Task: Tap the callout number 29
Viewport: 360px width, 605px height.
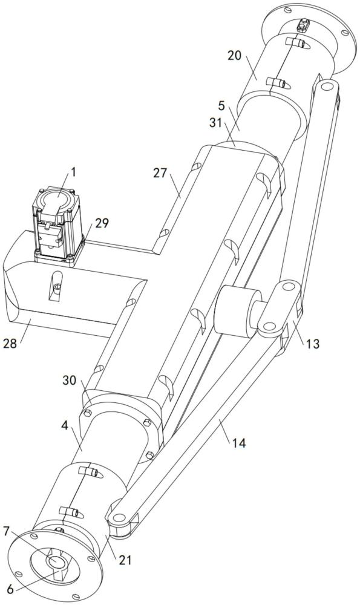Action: point(102,223)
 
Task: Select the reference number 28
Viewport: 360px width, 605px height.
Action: point(10,343)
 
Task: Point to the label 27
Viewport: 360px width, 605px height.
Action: point(160,173)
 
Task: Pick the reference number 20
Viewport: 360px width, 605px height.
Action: point(235,56)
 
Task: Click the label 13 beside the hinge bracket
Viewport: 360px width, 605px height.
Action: point(313,344)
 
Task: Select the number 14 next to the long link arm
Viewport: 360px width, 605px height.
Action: point(239,443)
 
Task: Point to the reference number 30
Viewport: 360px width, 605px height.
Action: point(70,381)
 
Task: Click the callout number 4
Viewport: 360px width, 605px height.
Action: point(65,426)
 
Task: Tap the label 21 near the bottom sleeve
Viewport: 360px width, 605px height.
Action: point(125,560)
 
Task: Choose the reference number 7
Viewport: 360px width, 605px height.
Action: point(7,531)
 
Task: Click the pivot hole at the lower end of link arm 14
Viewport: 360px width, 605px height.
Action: point(119,517)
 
